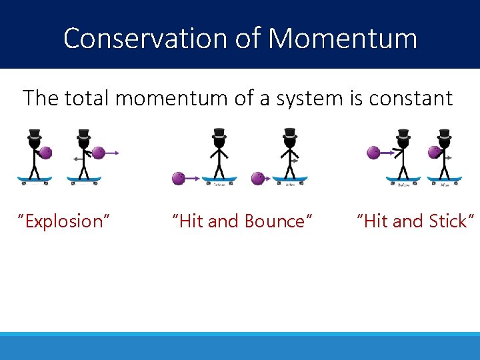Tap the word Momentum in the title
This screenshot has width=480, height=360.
[343, 38]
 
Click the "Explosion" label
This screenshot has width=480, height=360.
[64, 221]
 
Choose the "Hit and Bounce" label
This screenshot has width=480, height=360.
[242, 221]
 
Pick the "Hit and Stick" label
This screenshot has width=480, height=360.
[417, 221]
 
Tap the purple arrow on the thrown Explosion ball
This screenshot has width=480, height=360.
[113, 153]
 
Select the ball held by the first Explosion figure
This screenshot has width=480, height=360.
[45, 153]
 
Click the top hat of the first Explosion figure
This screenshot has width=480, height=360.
[35, 135]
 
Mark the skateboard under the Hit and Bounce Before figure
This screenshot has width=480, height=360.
[219, 179]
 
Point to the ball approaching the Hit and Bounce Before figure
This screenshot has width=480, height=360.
[179, 178]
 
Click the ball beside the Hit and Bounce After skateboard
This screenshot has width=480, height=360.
[257, 178]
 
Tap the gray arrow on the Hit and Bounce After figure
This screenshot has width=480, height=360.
[295, 160]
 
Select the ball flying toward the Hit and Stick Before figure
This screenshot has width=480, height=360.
[374, 153]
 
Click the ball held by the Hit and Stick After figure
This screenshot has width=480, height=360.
[434, 153]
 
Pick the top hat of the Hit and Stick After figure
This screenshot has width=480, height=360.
[444, 135]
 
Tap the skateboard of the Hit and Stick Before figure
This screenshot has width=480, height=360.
[403, 179]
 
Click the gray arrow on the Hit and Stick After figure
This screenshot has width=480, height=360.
[450, 158]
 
